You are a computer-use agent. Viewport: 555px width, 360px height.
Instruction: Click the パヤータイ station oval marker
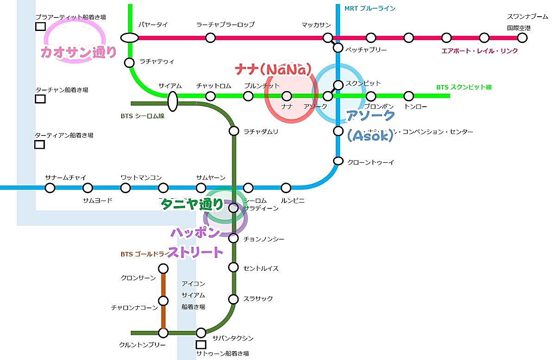coord(130,38)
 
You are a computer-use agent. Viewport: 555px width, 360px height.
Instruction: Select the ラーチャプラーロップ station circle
coord(210,38)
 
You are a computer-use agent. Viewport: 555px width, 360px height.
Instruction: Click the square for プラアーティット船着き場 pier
coord(40,26)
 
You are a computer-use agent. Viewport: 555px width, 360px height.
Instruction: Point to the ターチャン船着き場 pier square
coord(40,98)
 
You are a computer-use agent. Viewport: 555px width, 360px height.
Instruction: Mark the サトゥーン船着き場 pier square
coord(201,344)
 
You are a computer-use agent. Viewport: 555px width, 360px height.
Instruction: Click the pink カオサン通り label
coord(79,52)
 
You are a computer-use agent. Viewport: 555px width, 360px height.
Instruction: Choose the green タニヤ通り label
coord(191,204)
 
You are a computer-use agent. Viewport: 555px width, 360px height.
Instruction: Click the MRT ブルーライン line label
coord(370,8)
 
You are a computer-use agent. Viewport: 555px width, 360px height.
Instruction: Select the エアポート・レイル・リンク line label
coord(480,51)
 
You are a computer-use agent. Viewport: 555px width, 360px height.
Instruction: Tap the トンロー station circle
coord(408,96)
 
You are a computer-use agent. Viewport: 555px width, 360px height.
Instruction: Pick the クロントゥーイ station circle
coord(339,161)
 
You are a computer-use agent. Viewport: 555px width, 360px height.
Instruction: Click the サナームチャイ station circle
coord(50,188)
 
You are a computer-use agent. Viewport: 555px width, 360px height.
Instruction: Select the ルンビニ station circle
coord(286,188)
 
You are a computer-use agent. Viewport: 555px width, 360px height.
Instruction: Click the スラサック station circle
coord(234,299)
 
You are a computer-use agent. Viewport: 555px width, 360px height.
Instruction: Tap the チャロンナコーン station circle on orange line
coord(163,301)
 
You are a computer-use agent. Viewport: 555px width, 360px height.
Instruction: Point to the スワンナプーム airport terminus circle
coord(522,38)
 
